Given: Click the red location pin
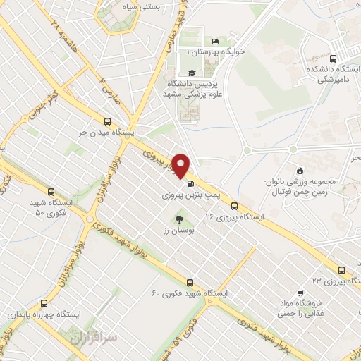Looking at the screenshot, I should pos(182,166).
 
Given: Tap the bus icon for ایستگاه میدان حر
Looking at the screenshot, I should pos(108,121).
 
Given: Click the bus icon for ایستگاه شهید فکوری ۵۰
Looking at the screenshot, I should pos(51,192).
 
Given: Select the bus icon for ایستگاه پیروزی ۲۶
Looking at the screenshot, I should pos(233,207).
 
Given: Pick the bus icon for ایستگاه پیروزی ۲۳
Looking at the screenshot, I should pos(341,269).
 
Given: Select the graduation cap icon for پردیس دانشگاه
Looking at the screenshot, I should pos(190,72).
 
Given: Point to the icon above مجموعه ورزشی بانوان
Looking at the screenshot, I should pos(300,170).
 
